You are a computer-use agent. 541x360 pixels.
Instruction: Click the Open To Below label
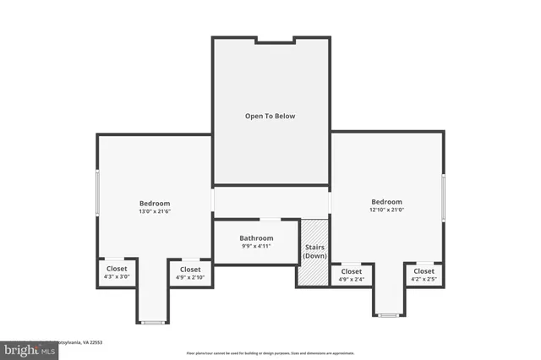click(270, 116)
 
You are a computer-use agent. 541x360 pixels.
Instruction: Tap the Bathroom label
click(256, 238)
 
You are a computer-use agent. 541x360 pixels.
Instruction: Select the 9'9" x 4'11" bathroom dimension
click(256, 247)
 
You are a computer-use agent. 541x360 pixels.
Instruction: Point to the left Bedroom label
click(155, 203)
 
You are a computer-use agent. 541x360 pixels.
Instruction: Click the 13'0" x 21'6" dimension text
click(155, 211)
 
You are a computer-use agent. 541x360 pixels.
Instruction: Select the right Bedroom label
click(386, 201)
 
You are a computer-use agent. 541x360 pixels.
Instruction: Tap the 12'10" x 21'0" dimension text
click(386, 210)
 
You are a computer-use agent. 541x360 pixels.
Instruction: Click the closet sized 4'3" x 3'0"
click(117, 272)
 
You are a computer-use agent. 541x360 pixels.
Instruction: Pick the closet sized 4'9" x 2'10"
click(189, 272)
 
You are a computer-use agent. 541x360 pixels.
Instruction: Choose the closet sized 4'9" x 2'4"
click(351, 275)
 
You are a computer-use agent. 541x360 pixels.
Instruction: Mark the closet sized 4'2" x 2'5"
click(424, 275)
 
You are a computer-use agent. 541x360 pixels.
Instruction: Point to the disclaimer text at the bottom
click(270, 353)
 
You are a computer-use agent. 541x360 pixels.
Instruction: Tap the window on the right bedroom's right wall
click(444, 199)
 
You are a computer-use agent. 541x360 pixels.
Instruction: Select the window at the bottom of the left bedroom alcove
click(153, 322)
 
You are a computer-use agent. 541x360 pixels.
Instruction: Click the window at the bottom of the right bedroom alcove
click(388, 315)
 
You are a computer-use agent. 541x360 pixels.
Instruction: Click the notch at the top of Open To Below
click(275, 39)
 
